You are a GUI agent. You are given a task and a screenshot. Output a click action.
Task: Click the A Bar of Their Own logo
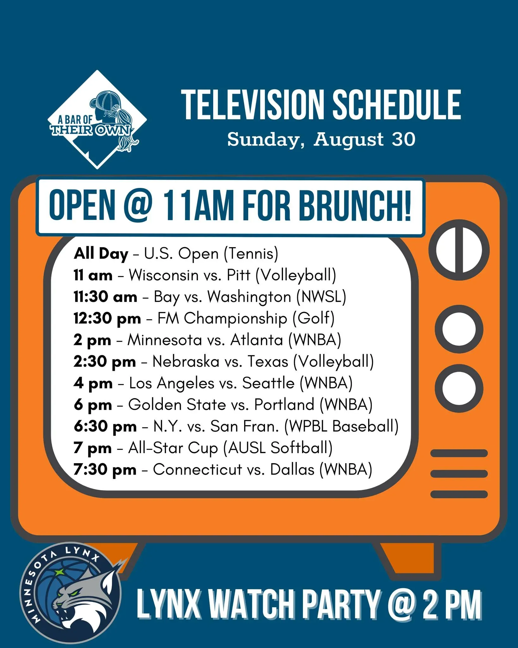pyautogui.click(x=97, y=119)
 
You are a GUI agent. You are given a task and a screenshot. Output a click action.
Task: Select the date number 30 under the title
pyautogui.click(x=403, y=139)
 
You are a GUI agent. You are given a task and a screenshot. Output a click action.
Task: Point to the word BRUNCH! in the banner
pyautogui.click(x=355, y=206)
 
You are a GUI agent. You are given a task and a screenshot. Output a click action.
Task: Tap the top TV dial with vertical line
pyautogui.click(x=459, y=250)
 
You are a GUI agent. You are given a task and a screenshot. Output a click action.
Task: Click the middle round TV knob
pyautogui.click(x=459, y=329)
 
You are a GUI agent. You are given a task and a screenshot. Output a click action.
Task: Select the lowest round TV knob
pyautogui.click(x=459, y=388)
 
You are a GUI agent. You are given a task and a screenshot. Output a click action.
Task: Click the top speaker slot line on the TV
pyautogui.click(x=459, y=453)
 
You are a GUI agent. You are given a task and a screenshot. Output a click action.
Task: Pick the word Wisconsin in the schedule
pyautogui.click(x=163, y=275)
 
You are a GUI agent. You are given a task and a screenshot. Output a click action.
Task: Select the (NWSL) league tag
pyautogui.click(x=321, y=297)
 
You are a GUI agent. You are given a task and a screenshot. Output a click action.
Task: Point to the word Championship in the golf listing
pyautogui.click(x=235, y=319)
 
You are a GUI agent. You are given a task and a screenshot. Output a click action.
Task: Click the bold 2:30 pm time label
pyautogui.click(x=105, y=362)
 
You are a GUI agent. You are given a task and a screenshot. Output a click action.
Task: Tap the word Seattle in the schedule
pyautogui.click(x=268, y=383)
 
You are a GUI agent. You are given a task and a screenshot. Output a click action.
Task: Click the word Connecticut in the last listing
pyautogui.click(x=197, y=469)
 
